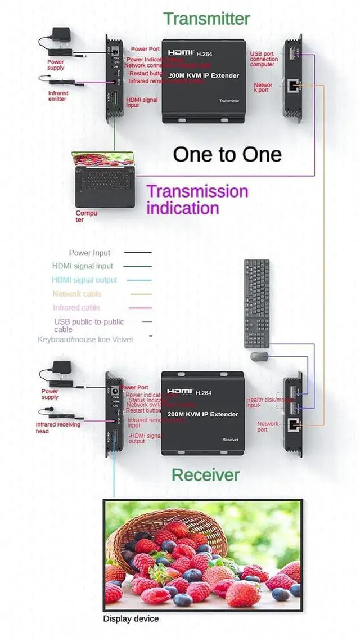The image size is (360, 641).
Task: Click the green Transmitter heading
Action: pyautogui.click(x=206, y=19)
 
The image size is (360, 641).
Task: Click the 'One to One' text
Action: pyautogui.click(x=227, y=154)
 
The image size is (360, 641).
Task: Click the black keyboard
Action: pyautogui.click(x=256, y=303)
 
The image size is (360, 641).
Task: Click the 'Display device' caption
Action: pyautogui.click(x=130, y=619)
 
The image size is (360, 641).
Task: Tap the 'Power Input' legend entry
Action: pyautogui.click(x=89, y=253)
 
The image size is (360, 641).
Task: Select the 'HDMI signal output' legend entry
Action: pyautogui.click(x=84, y=280)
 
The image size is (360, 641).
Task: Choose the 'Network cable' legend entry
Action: pyautogui.click(x=77, y=294)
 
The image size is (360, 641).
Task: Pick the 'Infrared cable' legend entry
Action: pyautogui.click(x=76, y=308)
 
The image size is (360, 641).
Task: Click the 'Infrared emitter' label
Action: pyautogui.click(x=57, y=96)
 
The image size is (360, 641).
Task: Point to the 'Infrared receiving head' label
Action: pyautogui.click(x=57, y=428)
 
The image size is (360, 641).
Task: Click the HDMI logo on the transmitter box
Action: pyautogui.click(x=180, y=52)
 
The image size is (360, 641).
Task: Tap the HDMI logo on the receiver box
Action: pyautogui.click(x=180, y=391)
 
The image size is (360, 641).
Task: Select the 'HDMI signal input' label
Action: pyautogui.click(x=142, y=102)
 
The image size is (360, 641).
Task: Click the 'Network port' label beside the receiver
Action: pyautogui.click(x=268, y=427)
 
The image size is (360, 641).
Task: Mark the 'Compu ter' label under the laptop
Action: pyautogui.click(x=87, y=216)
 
